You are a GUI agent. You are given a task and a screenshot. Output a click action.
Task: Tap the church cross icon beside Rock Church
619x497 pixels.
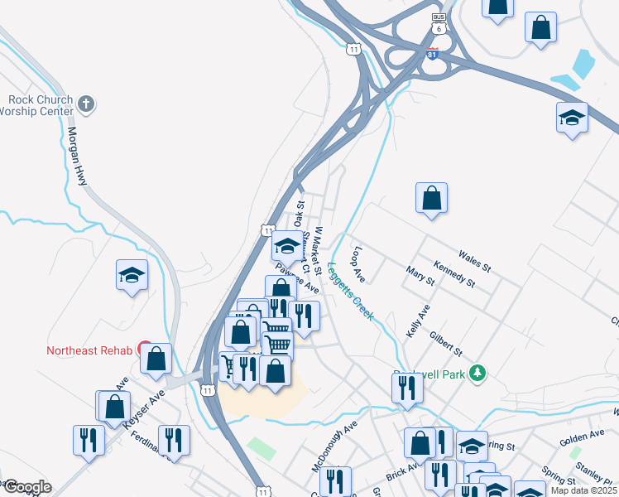click(x=87, y=104)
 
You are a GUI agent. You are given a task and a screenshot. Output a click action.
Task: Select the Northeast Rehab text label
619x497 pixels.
click(x=89, y=350)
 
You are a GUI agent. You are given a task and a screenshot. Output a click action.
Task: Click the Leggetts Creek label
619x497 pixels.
click(x=351, y=292)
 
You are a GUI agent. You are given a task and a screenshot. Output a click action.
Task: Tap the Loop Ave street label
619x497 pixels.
click(x=358, y=263)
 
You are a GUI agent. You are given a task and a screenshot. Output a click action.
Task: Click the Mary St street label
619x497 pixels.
click(x=420, y=276)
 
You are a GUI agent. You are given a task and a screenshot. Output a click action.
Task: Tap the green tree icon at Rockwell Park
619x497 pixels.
click(x=477, y=374)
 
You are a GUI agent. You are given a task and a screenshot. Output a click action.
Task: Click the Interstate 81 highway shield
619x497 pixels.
click(x=432, y=54)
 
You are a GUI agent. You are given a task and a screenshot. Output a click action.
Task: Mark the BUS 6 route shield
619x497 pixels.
click(x=439, y=23)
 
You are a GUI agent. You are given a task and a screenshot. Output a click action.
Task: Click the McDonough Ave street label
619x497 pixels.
click(x=333, y=445)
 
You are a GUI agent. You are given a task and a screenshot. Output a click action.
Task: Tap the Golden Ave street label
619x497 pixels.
click(x=582, y=436)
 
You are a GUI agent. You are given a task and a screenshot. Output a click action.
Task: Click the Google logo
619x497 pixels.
click(x=26, y=486)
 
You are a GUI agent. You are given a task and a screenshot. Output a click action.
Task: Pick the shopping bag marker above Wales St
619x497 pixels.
click(x=431, y=198)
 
